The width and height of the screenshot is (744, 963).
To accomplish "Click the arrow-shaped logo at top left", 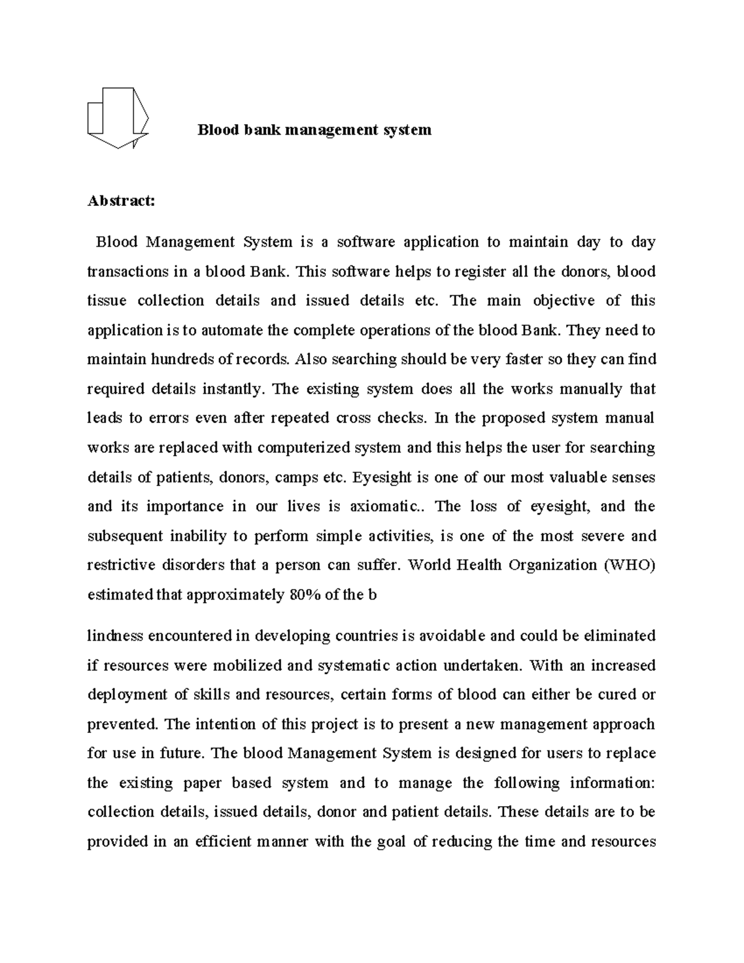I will [x=118, y=118].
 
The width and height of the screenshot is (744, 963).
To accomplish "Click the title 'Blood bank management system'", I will [x=314, y=130].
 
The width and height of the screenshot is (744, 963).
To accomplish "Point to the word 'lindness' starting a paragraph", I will [x=115, y=636].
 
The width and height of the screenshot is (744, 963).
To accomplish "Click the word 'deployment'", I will [x=127, y=695].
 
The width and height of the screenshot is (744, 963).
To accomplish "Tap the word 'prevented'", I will [x=123, y=724].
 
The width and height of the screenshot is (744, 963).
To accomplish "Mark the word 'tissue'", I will [x=107, y=301].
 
